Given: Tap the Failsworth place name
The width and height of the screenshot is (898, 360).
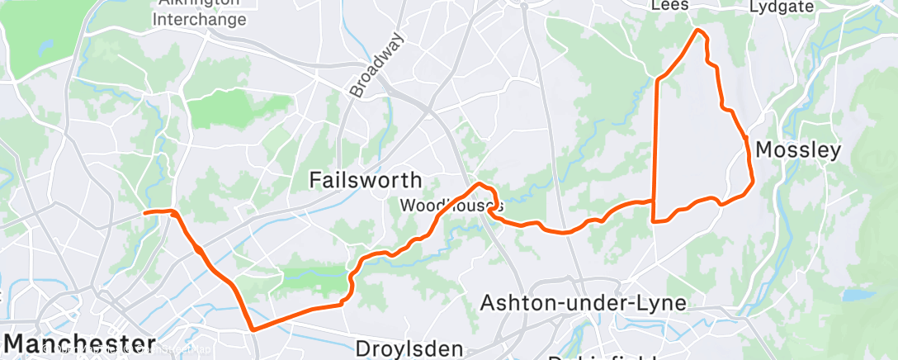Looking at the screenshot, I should point(365,179).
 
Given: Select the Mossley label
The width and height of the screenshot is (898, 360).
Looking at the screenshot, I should point(797,150).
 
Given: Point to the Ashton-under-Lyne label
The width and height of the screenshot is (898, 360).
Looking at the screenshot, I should point(584,302).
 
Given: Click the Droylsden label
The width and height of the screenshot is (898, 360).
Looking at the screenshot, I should point(409,348).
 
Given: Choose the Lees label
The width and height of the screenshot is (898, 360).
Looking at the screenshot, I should point(669,6).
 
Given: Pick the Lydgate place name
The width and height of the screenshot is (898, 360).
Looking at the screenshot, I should point(782,7).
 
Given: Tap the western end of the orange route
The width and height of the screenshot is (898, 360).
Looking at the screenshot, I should point(145,212).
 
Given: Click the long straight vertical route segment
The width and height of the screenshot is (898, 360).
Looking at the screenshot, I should point(656,149).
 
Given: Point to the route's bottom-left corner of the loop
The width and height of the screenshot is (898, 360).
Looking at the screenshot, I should point(655,221).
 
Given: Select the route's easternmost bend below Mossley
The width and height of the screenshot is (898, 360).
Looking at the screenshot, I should point(752,182).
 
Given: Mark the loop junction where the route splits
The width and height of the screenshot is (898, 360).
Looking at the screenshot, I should point(655,201).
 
